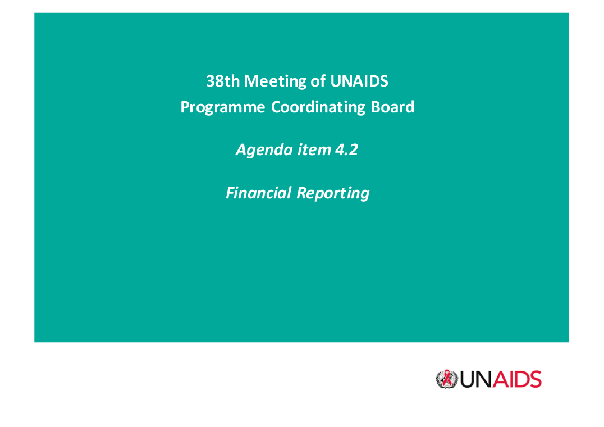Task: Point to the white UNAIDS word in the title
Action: point(359,81)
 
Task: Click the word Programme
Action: point(223,107)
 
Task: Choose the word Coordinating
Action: point(318,107)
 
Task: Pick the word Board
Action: point(392,107)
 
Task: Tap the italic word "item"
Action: point(314,149)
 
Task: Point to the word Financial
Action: point(258,193)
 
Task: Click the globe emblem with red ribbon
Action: point(447,379)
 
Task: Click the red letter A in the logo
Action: point(500,380)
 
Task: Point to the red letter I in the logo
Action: point(510,380)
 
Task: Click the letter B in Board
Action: point(375,107)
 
